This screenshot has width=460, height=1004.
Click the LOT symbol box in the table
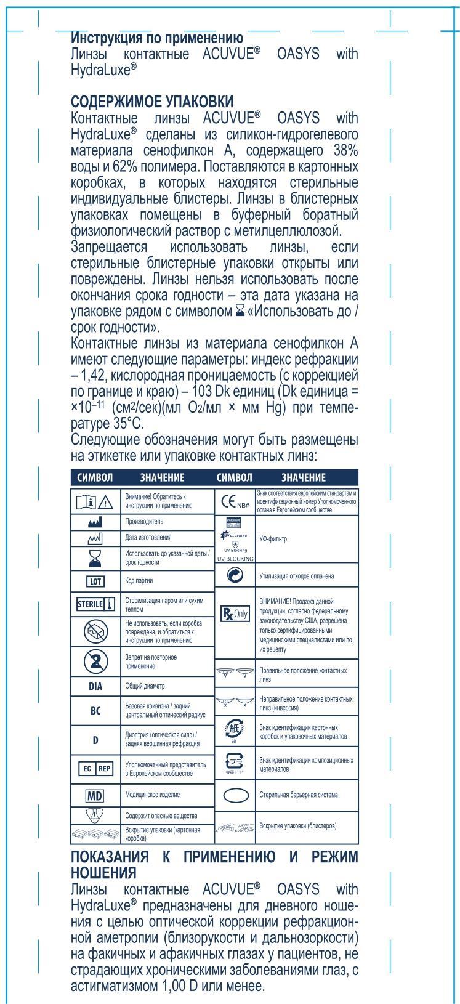coord(96,580)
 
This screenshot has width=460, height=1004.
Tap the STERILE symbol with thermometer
coord(96,604)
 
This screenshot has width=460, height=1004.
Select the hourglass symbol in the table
coord(96,558)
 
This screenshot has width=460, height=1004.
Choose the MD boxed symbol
coord(96,795)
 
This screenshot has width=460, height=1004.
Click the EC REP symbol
coord(96,769)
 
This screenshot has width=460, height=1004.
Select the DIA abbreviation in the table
coord(96,686)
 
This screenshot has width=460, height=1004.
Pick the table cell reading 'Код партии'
coord(139,580)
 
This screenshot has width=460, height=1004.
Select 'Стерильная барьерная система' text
coord(299,795)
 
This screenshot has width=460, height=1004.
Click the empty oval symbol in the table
coord(235,795)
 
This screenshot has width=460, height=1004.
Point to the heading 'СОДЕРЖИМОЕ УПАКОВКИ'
coord(153,100)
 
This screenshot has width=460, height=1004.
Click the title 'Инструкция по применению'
coord(157,38)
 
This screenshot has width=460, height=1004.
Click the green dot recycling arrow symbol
coord(235,575)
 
